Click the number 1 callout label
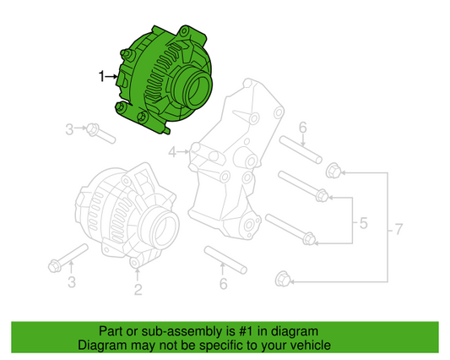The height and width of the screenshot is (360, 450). (101, 77)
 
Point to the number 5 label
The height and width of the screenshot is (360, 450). (363, 224)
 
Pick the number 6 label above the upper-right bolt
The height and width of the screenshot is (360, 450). (302, 128)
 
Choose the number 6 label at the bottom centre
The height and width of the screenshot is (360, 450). (223, 284)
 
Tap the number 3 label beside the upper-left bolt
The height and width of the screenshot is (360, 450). (70, 128)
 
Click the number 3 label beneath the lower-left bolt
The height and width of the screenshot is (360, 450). (72, 281)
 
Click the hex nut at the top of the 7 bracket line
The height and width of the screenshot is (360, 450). (332, 172)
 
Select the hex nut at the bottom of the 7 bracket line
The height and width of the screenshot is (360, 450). (285, 276)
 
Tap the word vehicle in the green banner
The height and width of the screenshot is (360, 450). (309, 346)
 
